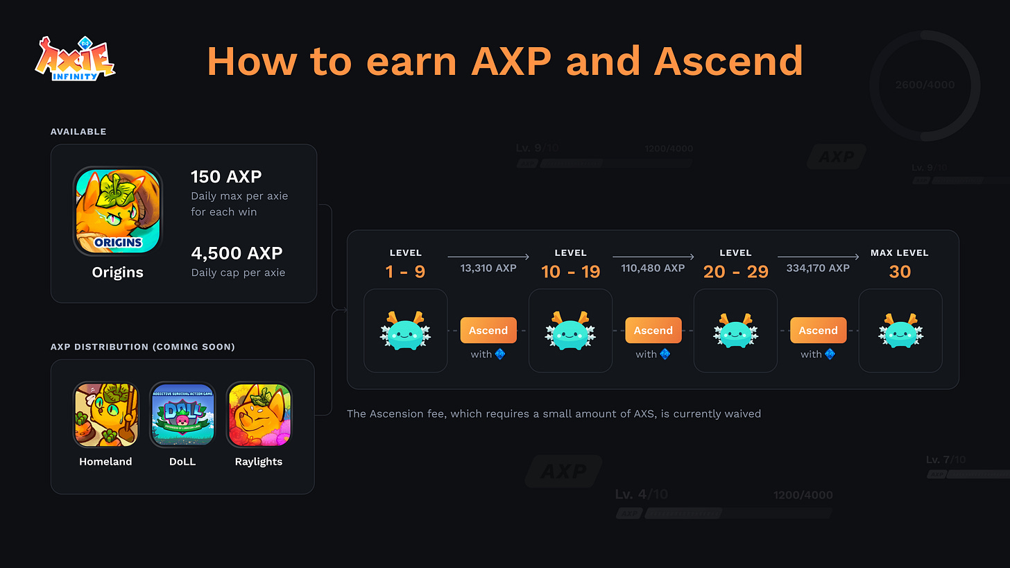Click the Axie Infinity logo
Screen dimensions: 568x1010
point(75,60)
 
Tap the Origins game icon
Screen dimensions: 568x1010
point(117,211)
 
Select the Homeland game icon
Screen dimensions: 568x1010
point(105,415)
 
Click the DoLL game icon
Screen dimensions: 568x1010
point(182,415)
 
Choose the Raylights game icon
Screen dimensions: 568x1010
point(259,415)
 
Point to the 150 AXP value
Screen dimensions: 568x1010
point(226,176)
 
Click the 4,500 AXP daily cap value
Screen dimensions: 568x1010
point(237,253)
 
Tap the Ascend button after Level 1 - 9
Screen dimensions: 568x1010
point(488,330)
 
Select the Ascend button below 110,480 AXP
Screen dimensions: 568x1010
point(653,330)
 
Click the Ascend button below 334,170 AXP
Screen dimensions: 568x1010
point(819,330)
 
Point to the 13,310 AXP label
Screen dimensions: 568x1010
point(488,268)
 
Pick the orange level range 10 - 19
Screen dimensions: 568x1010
point(571,271)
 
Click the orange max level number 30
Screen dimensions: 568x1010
point(900,271)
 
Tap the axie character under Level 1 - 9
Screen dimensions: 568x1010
point(405,330)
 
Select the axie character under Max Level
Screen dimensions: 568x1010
point(900,330)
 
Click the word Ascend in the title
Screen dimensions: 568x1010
point(728,61)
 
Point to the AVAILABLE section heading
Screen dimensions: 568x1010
point(78,132)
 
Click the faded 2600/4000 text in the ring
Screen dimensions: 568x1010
point(925,85)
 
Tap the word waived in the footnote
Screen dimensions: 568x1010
point(742,413)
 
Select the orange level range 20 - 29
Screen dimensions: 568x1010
point(736,271)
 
